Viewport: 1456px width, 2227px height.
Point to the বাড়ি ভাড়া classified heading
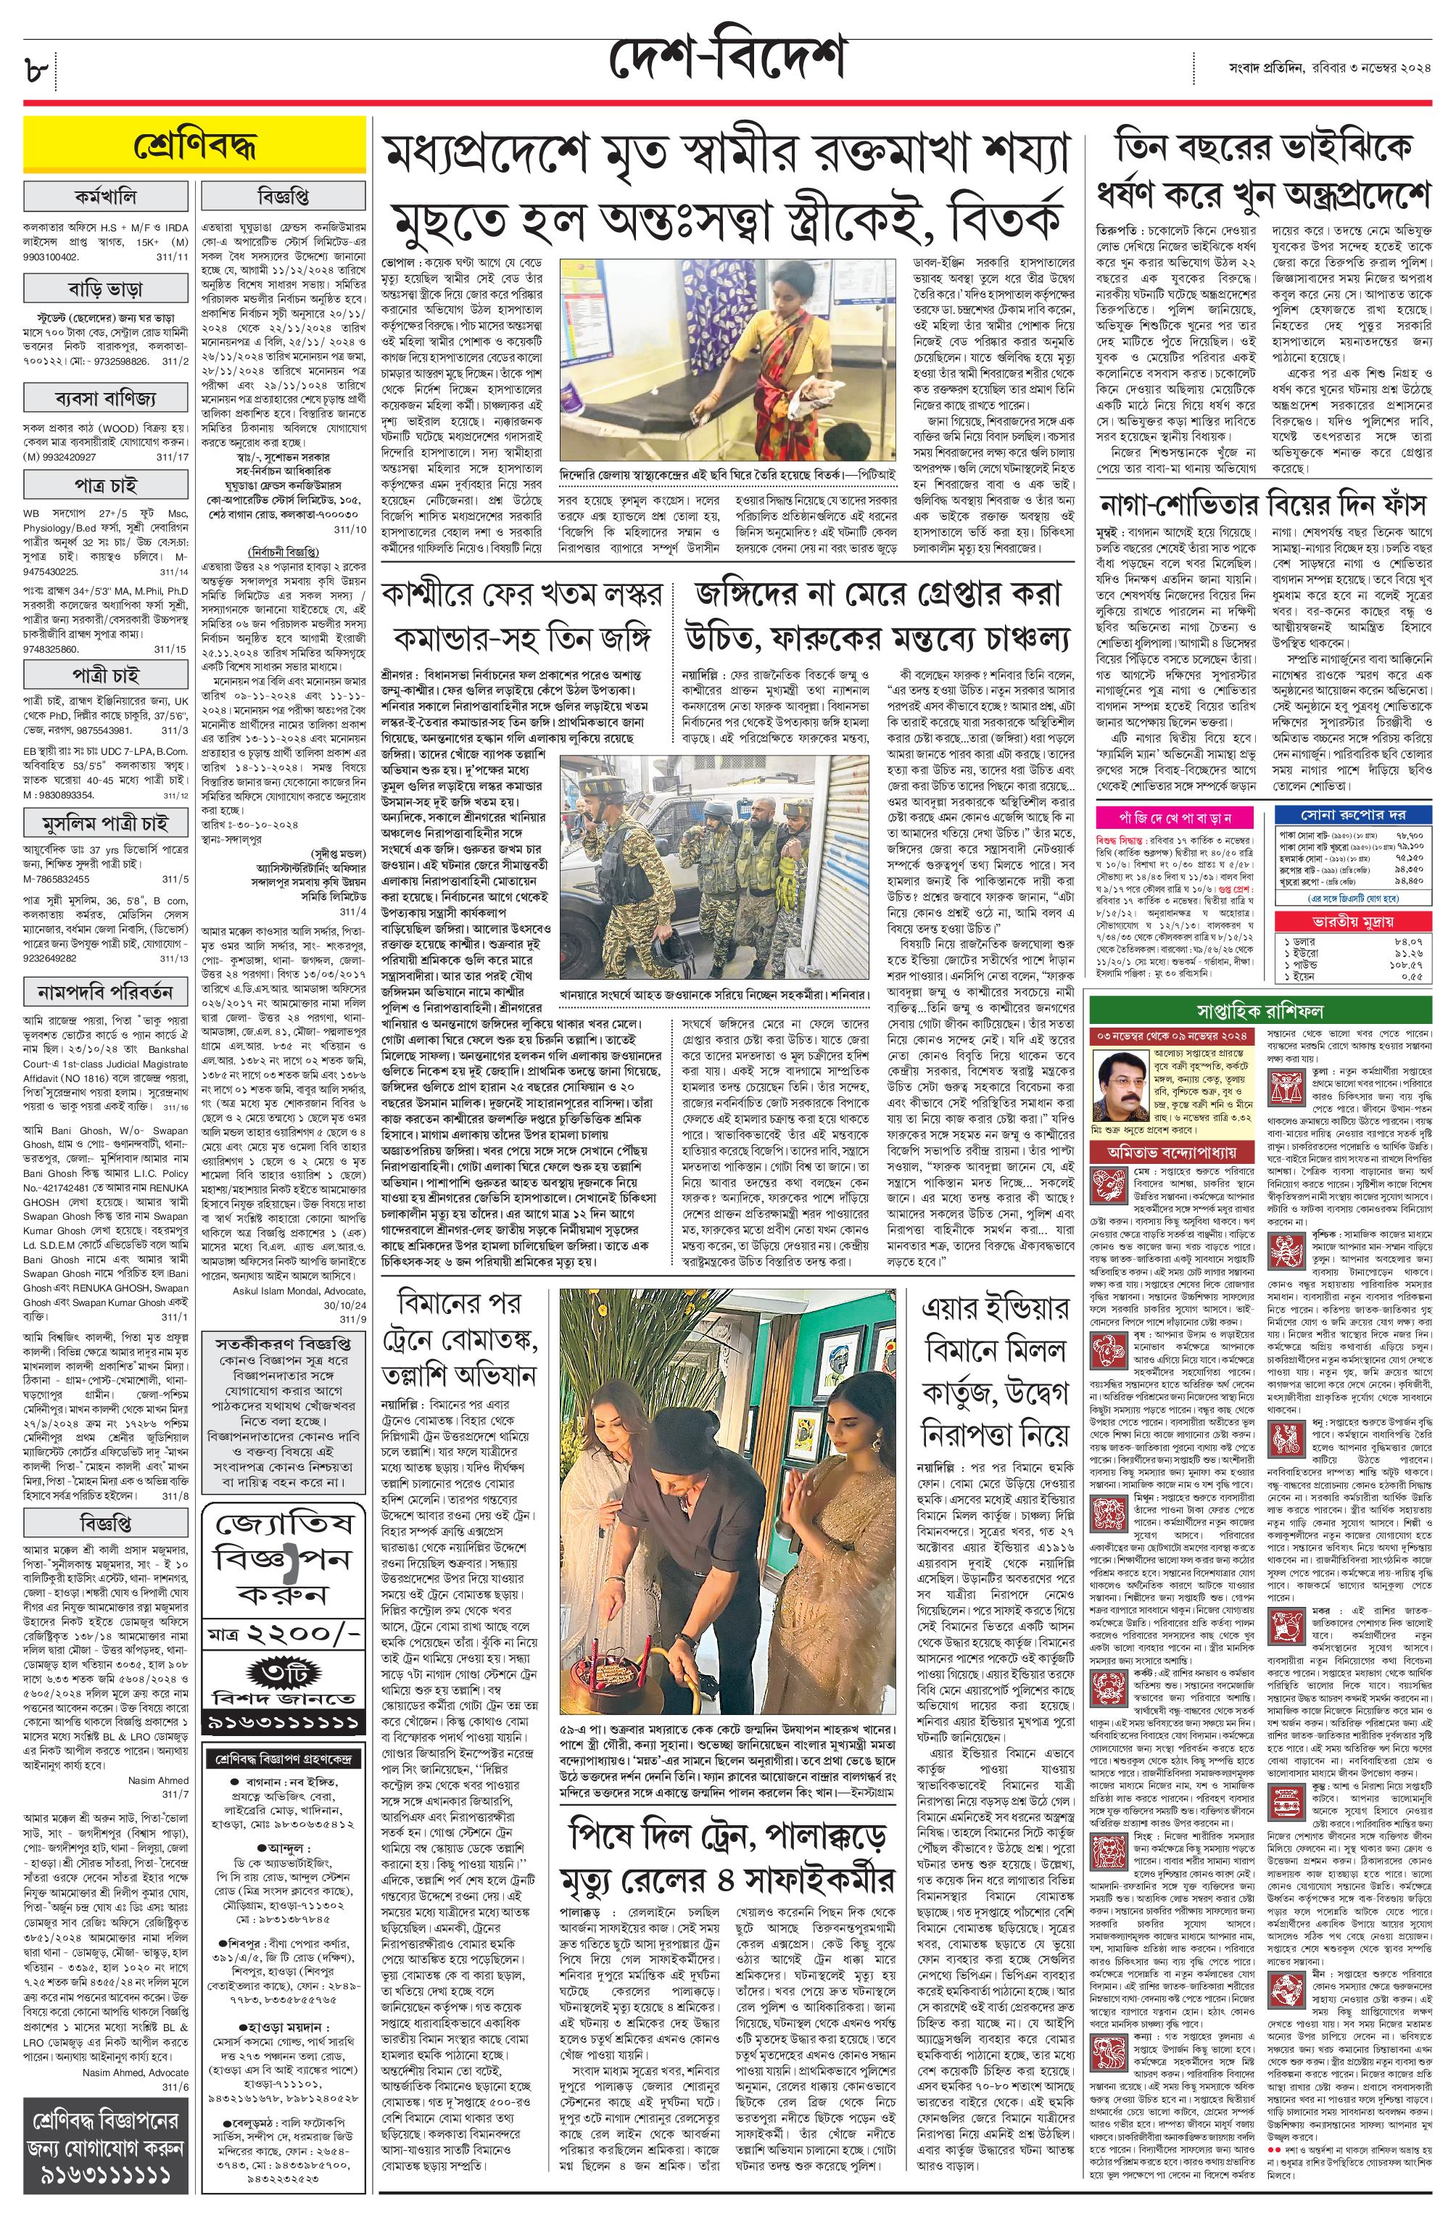click(x=107, y=284)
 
